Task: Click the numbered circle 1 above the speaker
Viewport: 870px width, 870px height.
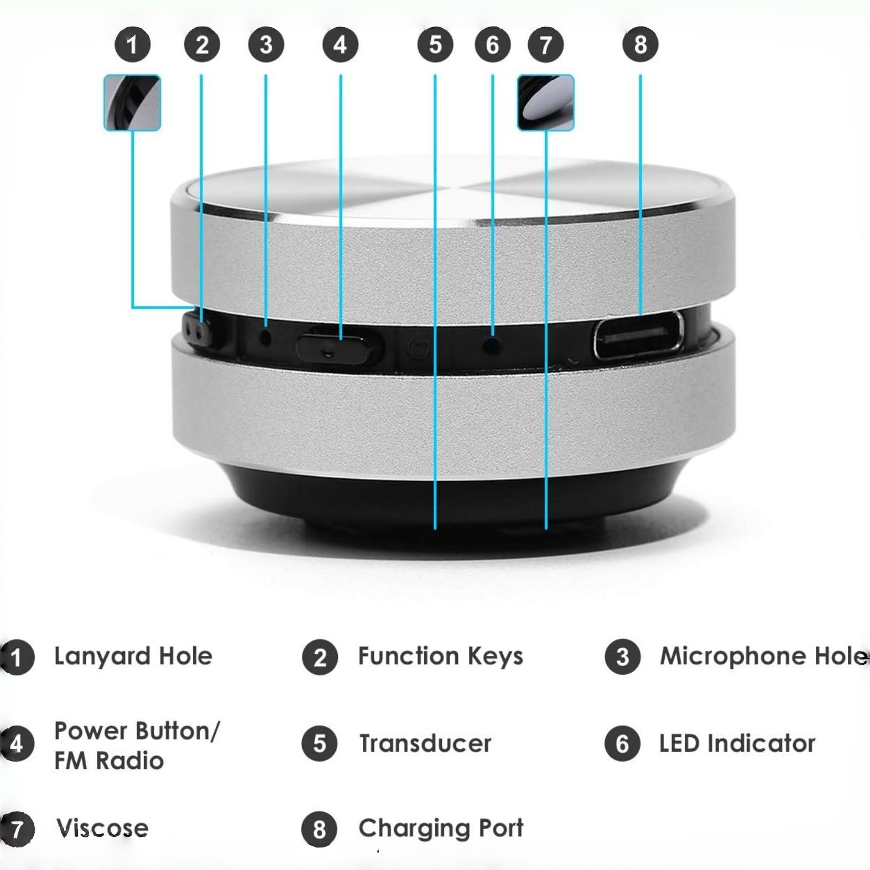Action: (132, 44)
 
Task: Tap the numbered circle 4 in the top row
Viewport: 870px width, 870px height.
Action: (340, 44)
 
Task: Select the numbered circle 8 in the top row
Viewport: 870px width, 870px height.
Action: (640, 44)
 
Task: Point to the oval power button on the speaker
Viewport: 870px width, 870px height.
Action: (338, 346)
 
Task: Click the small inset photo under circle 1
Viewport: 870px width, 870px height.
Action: (132, 103)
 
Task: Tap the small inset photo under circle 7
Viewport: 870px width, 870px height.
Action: (545, 103)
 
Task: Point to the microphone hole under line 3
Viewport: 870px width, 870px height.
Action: (266, 336)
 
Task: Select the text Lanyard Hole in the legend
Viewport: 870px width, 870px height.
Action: (133, 656)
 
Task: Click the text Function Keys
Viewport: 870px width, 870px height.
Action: (440, 656)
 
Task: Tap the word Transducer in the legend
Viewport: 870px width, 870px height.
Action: (425, 743)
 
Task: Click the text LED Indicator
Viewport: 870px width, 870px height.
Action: (737, 743)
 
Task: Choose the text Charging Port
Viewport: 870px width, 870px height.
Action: (440, 828)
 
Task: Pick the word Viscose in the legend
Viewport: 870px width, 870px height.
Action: (102, 828)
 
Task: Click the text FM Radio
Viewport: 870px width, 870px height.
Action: (109, 761)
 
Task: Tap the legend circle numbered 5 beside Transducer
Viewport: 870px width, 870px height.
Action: (320, 743)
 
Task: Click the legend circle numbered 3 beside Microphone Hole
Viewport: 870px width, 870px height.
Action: (622, 657)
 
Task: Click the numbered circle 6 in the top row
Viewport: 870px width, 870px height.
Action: (492, 44)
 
